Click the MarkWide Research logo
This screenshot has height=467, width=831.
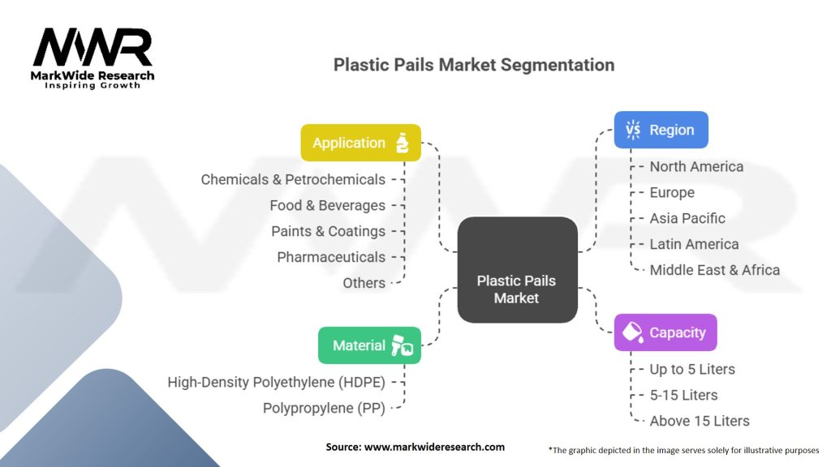(x=93, y=58)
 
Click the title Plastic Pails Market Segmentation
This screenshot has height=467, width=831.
(x=474, y=65)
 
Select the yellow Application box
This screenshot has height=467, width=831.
(x=360, y=143)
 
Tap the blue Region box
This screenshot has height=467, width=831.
(x=661, y=130)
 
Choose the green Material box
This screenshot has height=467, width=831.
(x=369, y=345)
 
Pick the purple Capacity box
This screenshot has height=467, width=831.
(x=665, y=332)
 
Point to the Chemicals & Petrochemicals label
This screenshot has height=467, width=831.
(x=293, y=179)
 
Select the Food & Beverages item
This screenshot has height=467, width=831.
(x=327, y=205)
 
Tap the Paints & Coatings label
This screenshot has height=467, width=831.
(x=328, y=231)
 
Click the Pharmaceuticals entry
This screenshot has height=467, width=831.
(x=331, y=257)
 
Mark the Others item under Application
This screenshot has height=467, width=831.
(x=364, y=283)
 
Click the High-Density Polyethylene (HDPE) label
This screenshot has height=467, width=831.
(x=276, y=382)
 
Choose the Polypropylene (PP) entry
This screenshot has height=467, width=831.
(x=324, y=408)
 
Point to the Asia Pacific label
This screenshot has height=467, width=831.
(x=687, y=218)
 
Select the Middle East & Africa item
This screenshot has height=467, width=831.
(x=714, y=270)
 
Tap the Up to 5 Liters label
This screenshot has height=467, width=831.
(x=692, y=369)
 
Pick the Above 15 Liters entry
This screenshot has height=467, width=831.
(x=700, y=421)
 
